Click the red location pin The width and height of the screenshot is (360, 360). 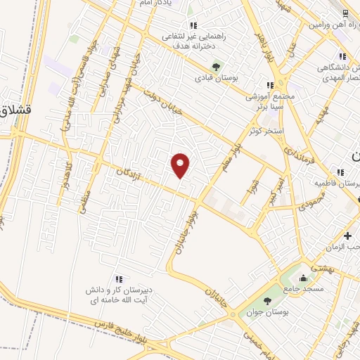(181, 165)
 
